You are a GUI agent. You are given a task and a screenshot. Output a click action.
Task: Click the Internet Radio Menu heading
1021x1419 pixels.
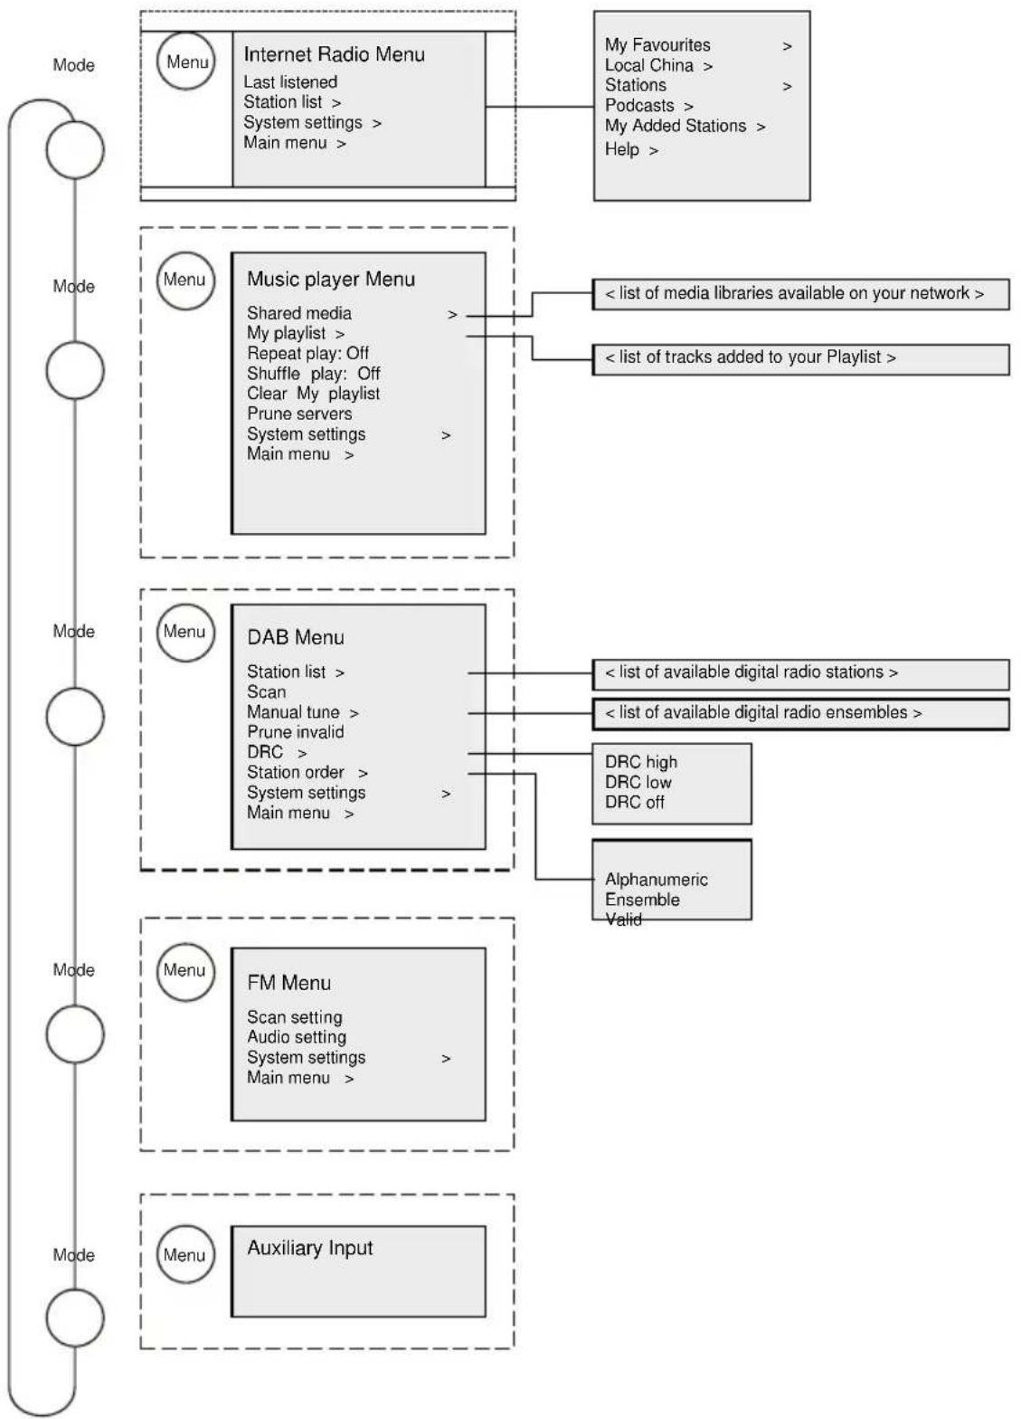334,54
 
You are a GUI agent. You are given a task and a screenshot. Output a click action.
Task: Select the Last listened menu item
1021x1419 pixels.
290,81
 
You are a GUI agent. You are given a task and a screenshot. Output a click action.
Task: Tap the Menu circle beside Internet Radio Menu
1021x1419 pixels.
186,62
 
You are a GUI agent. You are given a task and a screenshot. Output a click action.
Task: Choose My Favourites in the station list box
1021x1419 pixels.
657,45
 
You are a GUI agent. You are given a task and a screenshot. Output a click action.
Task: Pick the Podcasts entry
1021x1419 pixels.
639,105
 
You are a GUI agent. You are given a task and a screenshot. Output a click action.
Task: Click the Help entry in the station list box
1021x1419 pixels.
621,148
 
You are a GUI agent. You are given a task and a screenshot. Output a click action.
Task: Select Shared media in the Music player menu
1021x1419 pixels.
298,313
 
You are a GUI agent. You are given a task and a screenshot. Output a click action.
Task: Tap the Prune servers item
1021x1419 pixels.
299,414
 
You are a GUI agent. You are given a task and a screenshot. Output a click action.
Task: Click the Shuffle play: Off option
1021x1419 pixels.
313,373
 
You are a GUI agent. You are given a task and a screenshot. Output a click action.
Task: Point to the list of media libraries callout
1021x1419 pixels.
800,293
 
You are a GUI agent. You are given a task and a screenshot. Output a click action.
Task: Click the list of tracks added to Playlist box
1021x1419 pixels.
800,359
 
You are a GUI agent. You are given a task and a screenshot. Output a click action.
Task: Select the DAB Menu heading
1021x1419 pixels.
296,637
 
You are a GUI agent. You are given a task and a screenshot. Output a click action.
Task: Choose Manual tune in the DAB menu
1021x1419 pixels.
293,712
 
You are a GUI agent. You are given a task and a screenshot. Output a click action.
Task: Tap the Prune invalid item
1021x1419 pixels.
296,731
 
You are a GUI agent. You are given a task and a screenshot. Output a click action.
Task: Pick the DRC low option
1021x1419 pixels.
638,782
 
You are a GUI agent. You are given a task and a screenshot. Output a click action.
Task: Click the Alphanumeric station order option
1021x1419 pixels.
656,880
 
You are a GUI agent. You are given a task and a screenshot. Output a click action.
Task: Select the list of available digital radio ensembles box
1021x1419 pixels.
800,713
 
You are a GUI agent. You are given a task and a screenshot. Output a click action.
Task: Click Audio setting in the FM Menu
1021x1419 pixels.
297,1037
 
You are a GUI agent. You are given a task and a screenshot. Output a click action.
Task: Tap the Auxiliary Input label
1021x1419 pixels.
309,1247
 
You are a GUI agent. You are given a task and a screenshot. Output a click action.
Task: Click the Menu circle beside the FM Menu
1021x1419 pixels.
185,972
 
